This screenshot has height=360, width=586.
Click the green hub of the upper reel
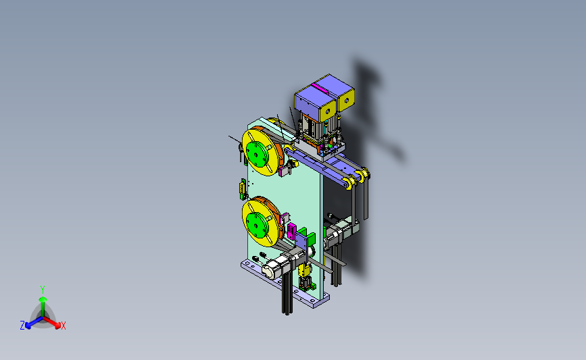coord(258,153)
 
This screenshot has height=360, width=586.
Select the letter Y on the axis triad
coord(43,290)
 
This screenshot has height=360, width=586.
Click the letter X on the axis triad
coord(63,326)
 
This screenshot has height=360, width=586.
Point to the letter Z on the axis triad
coord(22,326)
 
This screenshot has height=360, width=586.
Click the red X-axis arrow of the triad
coord(51,322)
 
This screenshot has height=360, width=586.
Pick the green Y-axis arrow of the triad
coord(43,307)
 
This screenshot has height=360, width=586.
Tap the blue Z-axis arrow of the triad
coord(34,322)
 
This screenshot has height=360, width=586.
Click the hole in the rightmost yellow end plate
coord(347,100)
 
